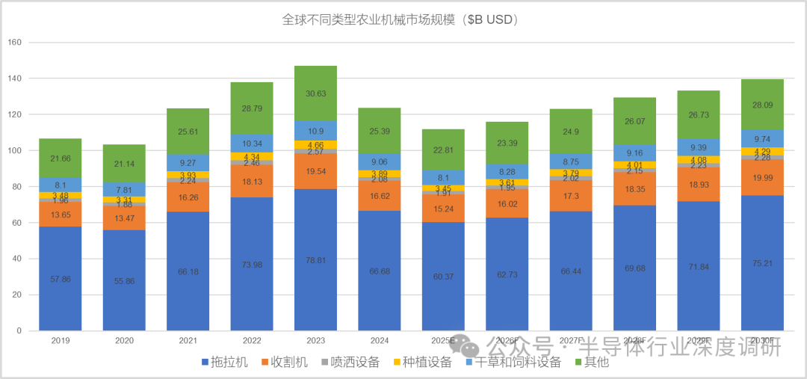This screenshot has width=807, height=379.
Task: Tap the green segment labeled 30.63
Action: (x=315, y=93)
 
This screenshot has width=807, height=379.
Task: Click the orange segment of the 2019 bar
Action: (x=60, y=215)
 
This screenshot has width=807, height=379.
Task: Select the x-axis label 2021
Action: (x=188, y=340)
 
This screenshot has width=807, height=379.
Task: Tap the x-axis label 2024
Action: (x=379, y=340)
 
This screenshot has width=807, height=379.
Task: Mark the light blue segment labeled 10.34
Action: (x=252, y=143)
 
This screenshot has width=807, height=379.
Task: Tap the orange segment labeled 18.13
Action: (x=252, y=181)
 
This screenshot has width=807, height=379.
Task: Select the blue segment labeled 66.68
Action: (x=379, y=271)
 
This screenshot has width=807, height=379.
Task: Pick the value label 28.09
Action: (x=762, y=105)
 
